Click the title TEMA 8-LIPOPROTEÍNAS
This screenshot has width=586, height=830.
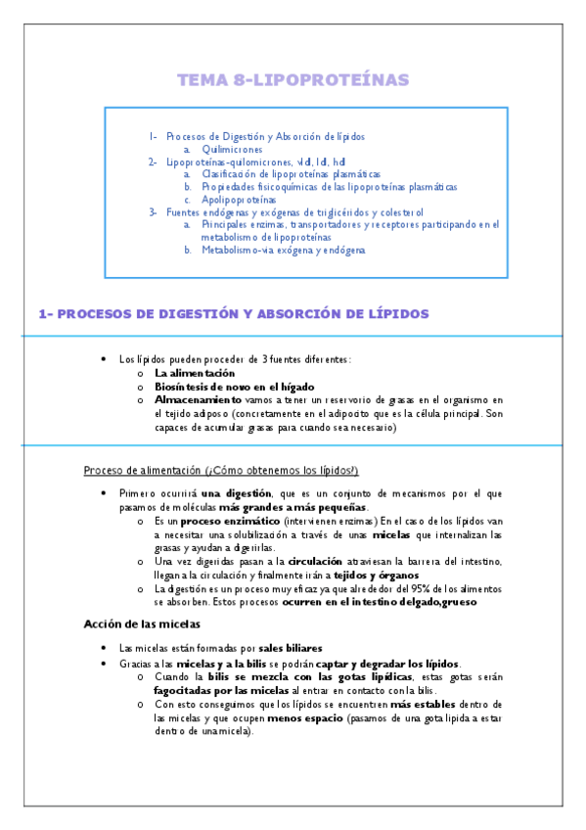tap(293, 79)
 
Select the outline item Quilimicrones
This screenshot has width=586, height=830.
tap(235, 149)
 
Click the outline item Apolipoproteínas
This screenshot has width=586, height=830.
tap(238, 199)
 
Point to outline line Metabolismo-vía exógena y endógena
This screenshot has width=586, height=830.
tap(283, 250)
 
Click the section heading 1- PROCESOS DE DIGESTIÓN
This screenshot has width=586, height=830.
tap(233, 313)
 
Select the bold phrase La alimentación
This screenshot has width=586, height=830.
tap(195, 373)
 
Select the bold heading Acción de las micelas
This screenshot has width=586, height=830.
tap(142, 622)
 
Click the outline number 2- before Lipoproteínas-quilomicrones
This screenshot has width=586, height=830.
tap(153, 161)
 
